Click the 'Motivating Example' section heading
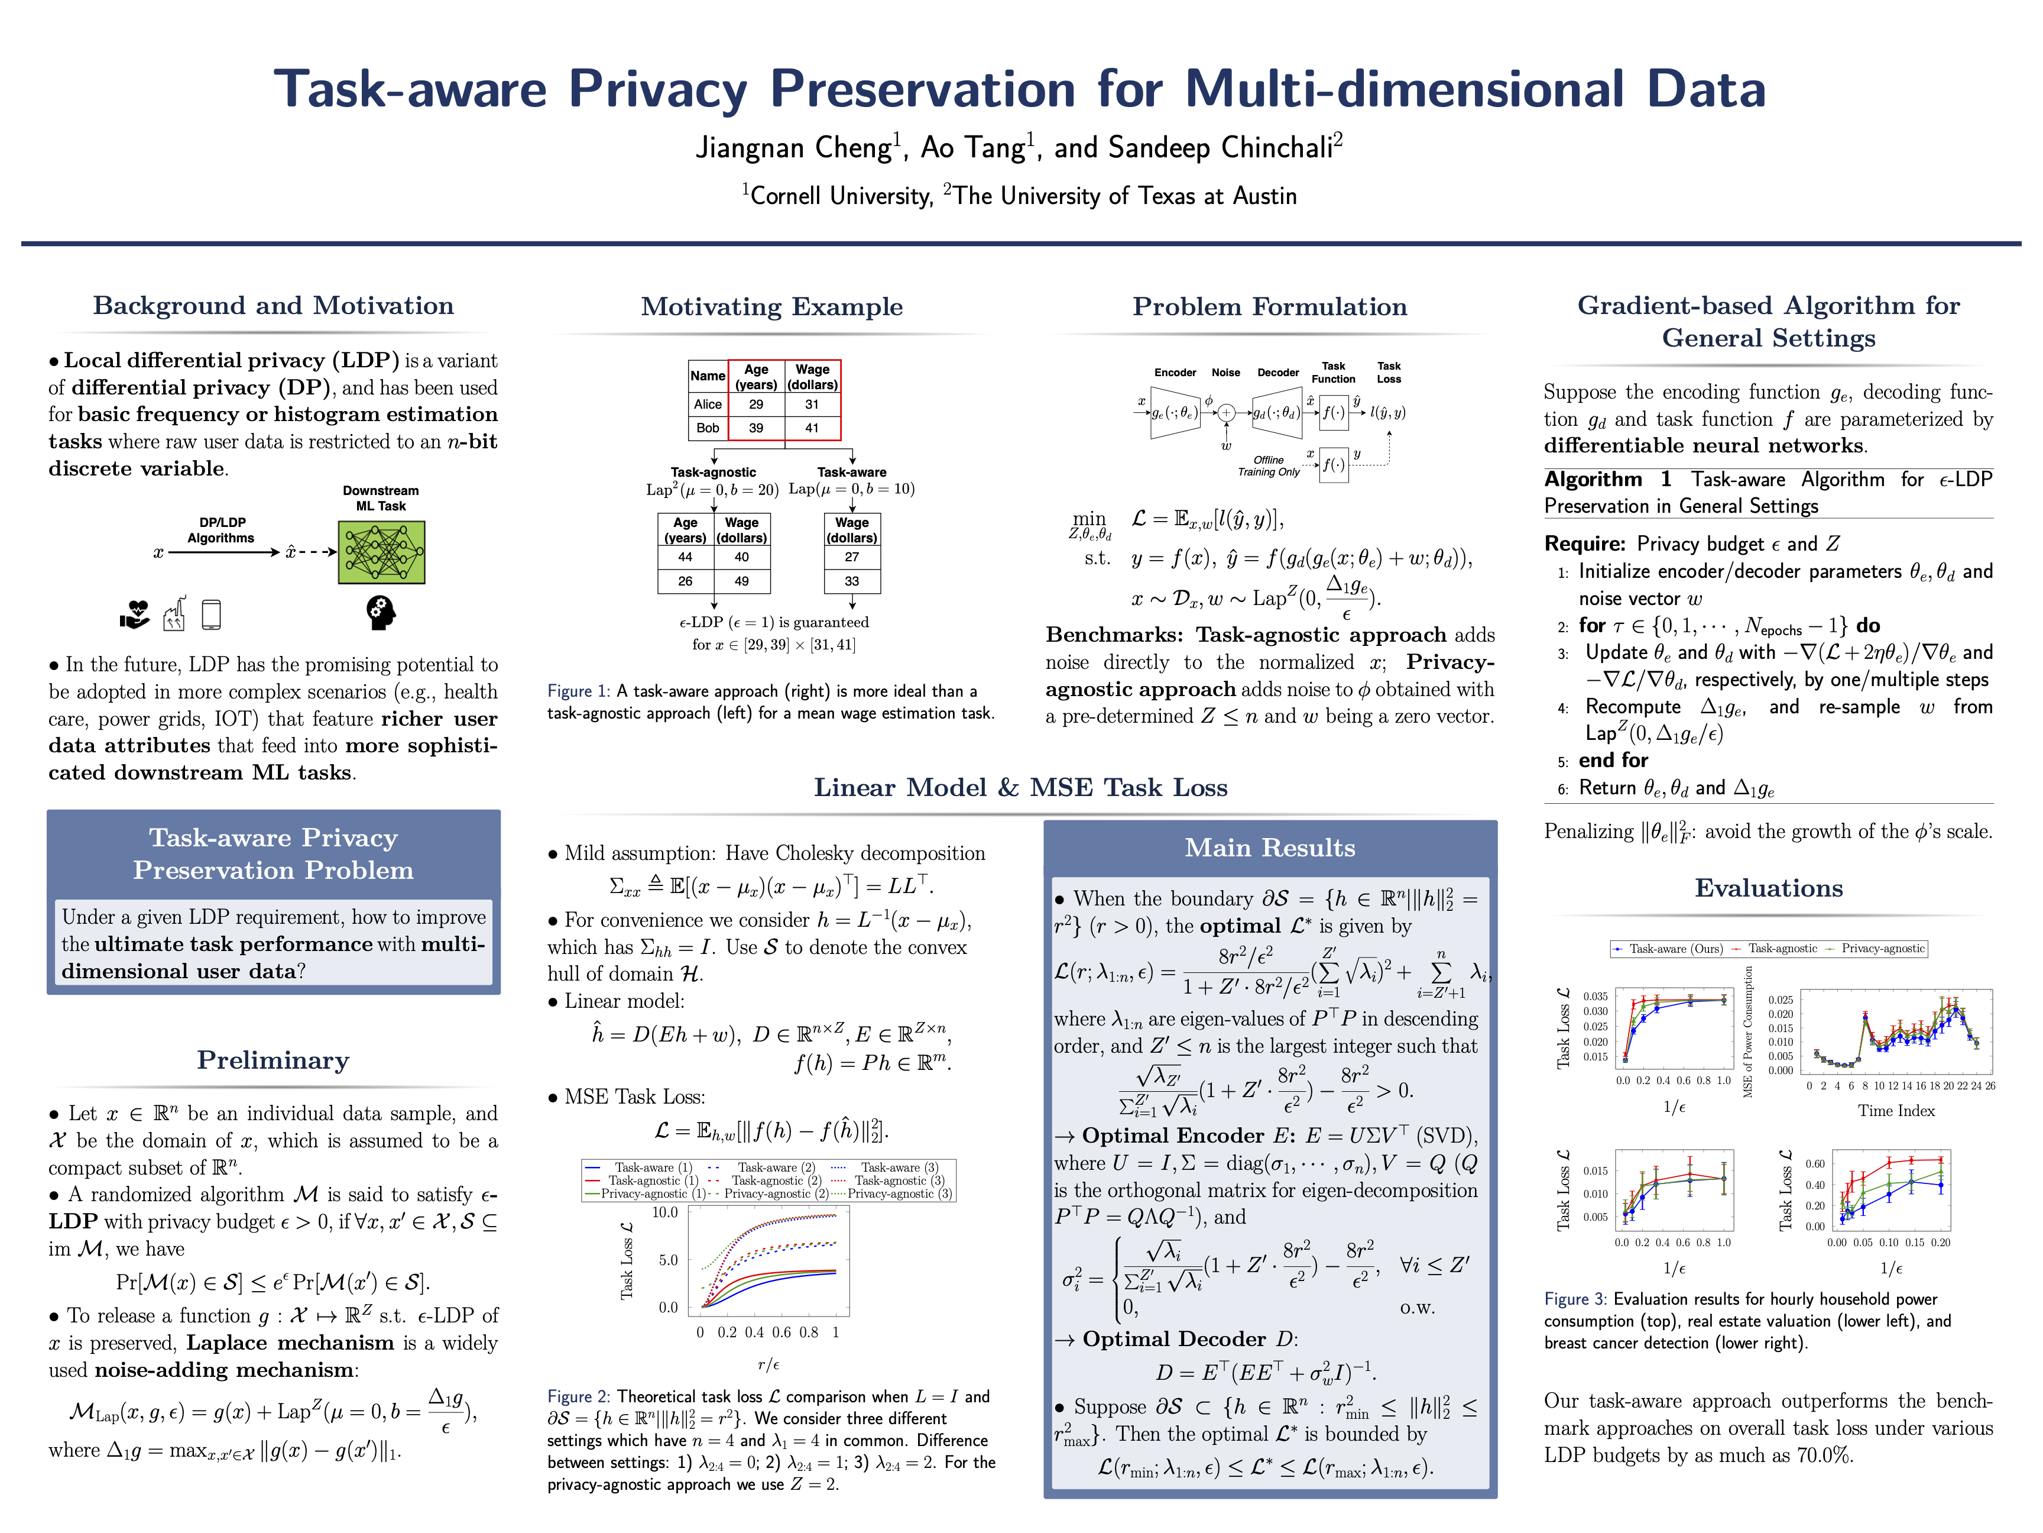pos(771,307)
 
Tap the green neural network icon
pos(381,552)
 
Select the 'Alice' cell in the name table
pos(708,404)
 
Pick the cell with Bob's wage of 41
pos(811,428)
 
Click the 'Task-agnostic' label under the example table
pos(713,472)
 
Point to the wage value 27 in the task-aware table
pos(852,557)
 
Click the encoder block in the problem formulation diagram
pos(1175,413)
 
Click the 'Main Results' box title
pos(1270,848)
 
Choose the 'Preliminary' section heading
pos(273,1060)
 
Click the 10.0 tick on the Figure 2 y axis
pos(665,1212)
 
